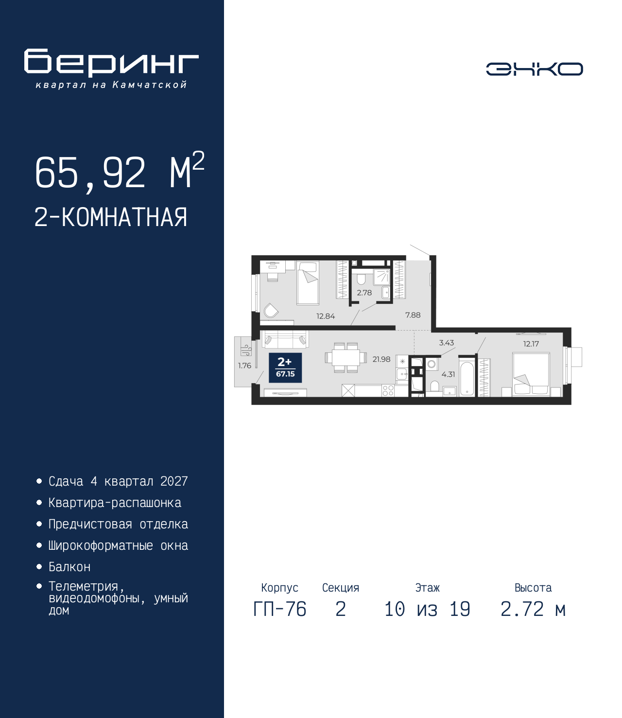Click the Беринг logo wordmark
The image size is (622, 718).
coord(111,63)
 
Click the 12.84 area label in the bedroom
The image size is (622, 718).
coord(326,316)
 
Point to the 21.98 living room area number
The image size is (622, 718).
coord(381,359)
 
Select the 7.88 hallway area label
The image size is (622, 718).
coord(413,315)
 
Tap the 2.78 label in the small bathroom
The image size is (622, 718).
coord(364,293)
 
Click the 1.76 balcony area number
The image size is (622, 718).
coord(244,366)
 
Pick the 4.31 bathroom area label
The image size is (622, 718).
coord(448,374)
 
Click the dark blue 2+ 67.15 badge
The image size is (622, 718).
coord(285,368)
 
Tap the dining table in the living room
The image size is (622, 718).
coord(346,357)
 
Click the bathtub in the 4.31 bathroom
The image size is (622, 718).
coord(467,379)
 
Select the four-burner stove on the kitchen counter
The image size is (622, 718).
coord(388,391)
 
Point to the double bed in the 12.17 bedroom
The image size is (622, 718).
coord(531,374)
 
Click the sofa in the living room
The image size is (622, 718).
coord(285,339)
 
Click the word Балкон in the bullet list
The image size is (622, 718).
coord(69,567)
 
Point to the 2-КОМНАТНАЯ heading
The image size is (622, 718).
coord(111,217)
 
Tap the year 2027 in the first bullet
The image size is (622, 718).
coord(174,481)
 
